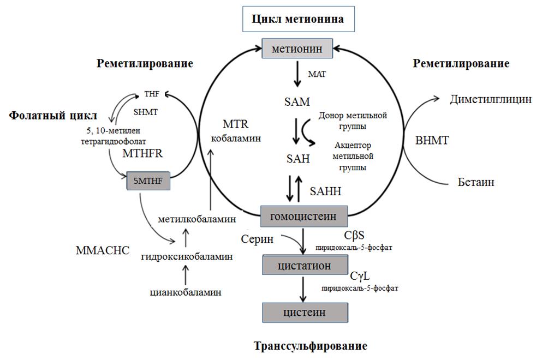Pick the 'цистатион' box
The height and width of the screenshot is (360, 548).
[305, 265]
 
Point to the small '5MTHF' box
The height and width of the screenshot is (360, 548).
[148, 179]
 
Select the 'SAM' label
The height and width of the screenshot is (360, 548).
[297, 101]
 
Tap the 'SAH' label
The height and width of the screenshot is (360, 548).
[298, 159]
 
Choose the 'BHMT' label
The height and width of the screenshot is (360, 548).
[432, 140]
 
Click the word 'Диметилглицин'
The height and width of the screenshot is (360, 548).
[491, 99]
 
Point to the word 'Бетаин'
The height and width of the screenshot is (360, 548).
[476, 182]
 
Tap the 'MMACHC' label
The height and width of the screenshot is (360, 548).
[102, 250]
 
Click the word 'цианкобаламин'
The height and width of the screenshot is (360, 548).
[186, 292]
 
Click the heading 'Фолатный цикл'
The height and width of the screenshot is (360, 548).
[53, 116]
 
